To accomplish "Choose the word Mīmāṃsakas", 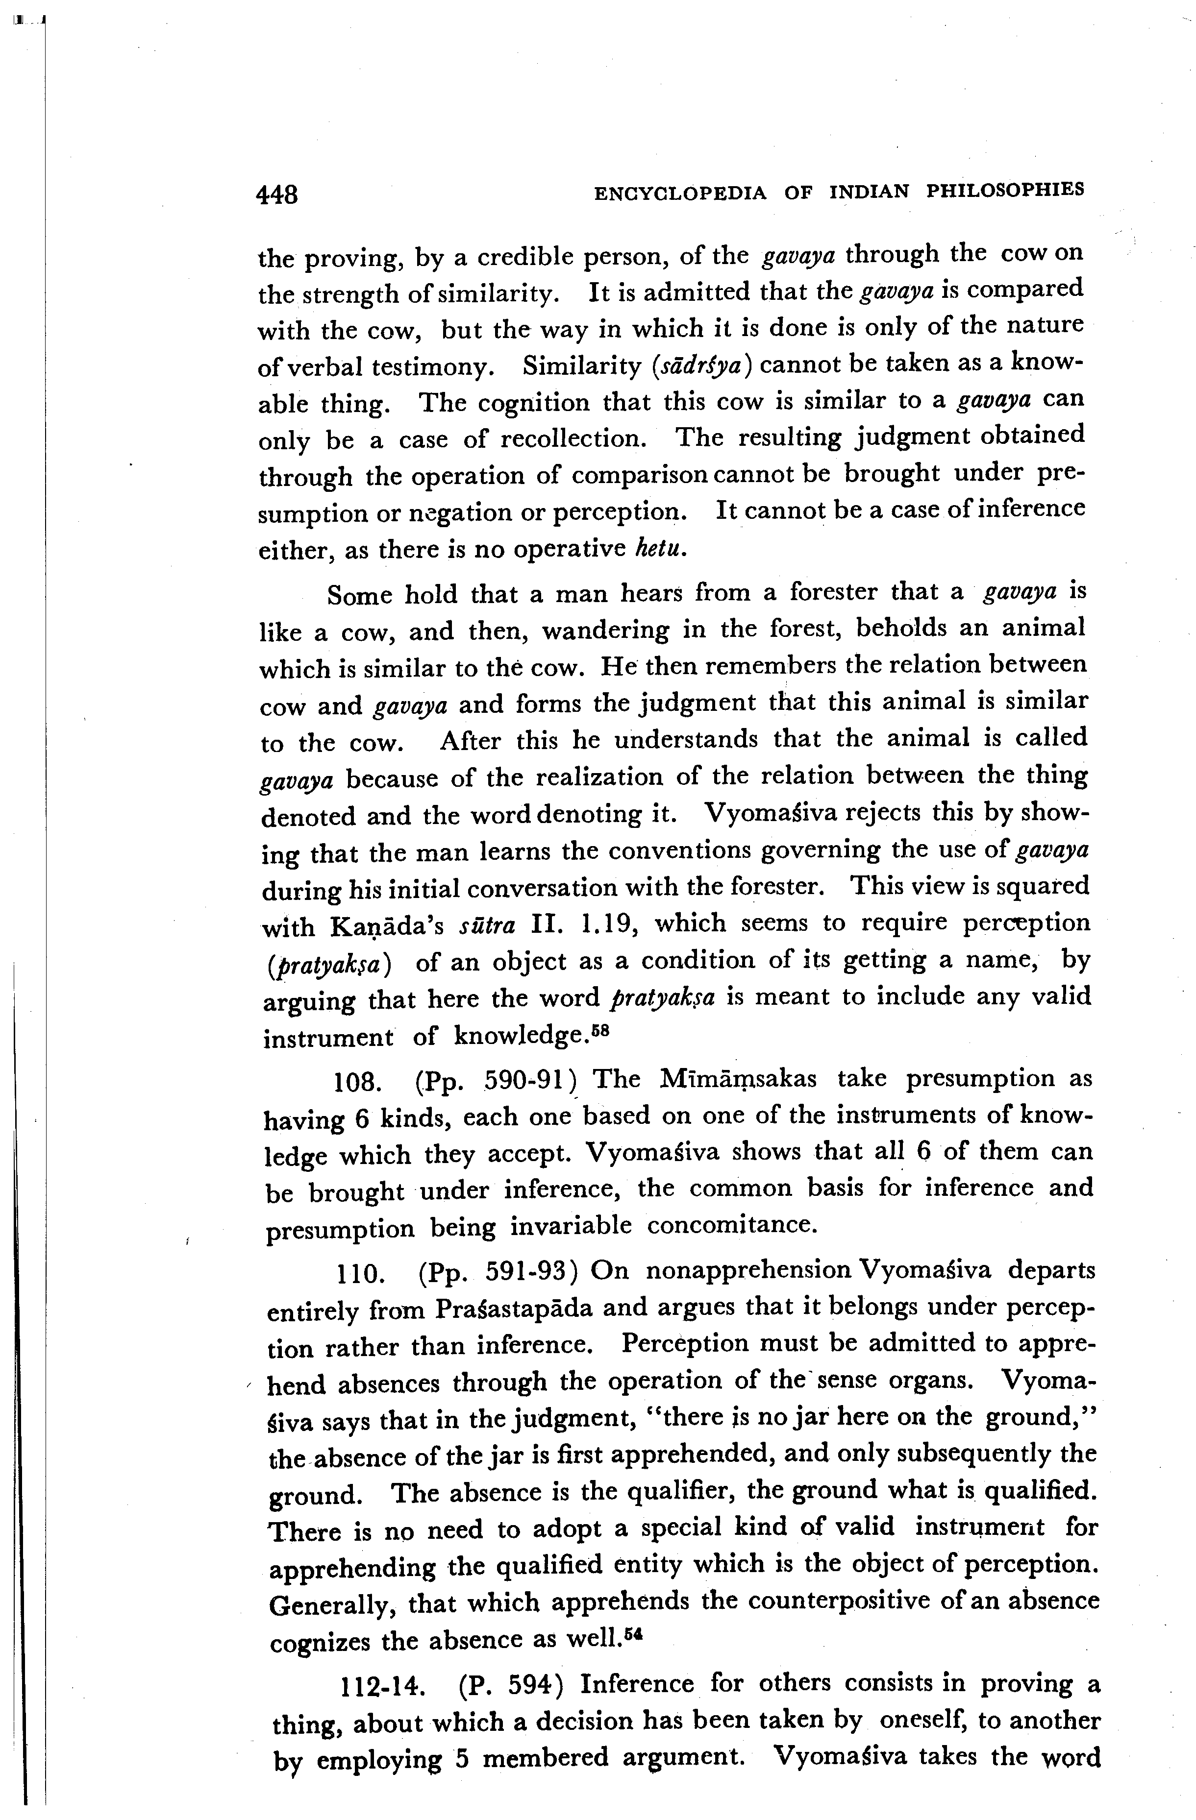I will [738, 1078].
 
